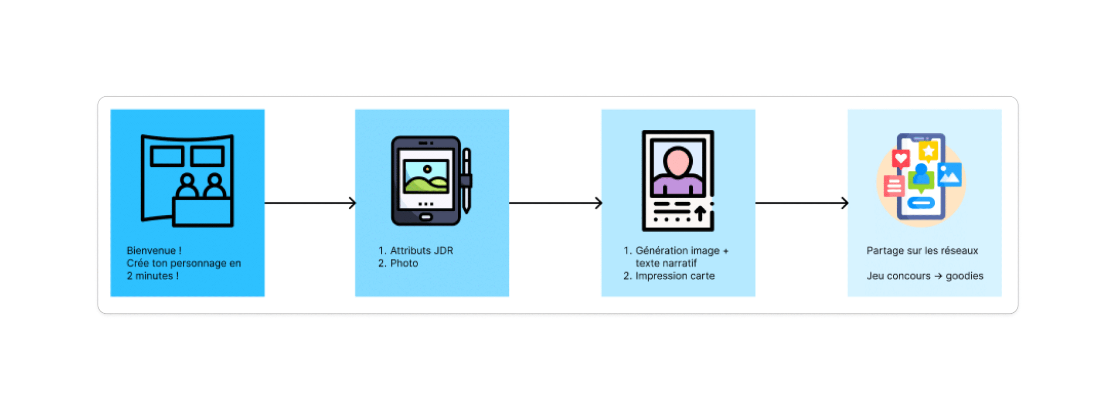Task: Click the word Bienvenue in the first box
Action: (x=151, y=251)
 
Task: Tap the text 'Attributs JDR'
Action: (x=421, y=251)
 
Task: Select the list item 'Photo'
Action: (x=404, y=263)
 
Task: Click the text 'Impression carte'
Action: (x=674, y=276)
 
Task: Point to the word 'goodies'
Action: (x=964, y=276)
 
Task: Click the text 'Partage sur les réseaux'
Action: (x=922, y=251)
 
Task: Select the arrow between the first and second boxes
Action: (x=310, y=203)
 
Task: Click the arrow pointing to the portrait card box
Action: (x=555, y=203)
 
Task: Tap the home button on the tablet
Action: (x=425, y=217)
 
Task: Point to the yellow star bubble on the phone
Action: (x=928, y=151)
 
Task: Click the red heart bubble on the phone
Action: (x=900, y=158)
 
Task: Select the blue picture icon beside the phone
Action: (x=949, y=174)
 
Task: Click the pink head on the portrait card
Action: (x=677, y=161)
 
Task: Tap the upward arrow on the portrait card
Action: (x=700, y=213)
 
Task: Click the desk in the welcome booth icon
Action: (x=202, y=212)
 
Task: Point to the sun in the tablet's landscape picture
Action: (x=427, y=169)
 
